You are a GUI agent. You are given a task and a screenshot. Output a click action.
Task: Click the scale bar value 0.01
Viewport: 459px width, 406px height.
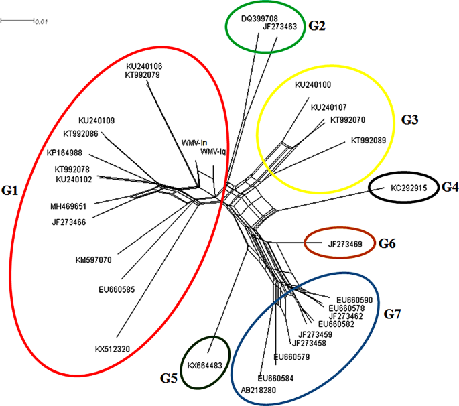42,23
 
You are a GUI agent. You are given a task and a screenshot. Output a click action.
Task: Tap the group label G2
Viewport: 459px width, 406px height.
317,27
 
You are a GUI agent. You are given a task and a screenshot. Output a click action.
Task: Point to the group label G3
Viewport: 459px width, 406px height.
409,120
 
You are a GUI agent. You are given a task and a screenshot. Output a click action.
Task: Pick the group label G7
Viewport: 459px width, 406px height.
392,314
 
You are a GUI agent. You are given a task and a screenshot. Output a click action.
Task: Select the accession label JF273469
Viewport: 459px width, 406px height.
345,245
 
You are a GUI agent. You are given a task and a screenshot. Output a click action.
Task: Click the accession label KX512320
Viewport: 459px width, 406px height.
113,349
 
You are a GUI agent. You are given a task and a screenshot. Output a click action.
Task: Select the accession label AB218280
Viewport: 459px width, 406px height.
259,389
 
